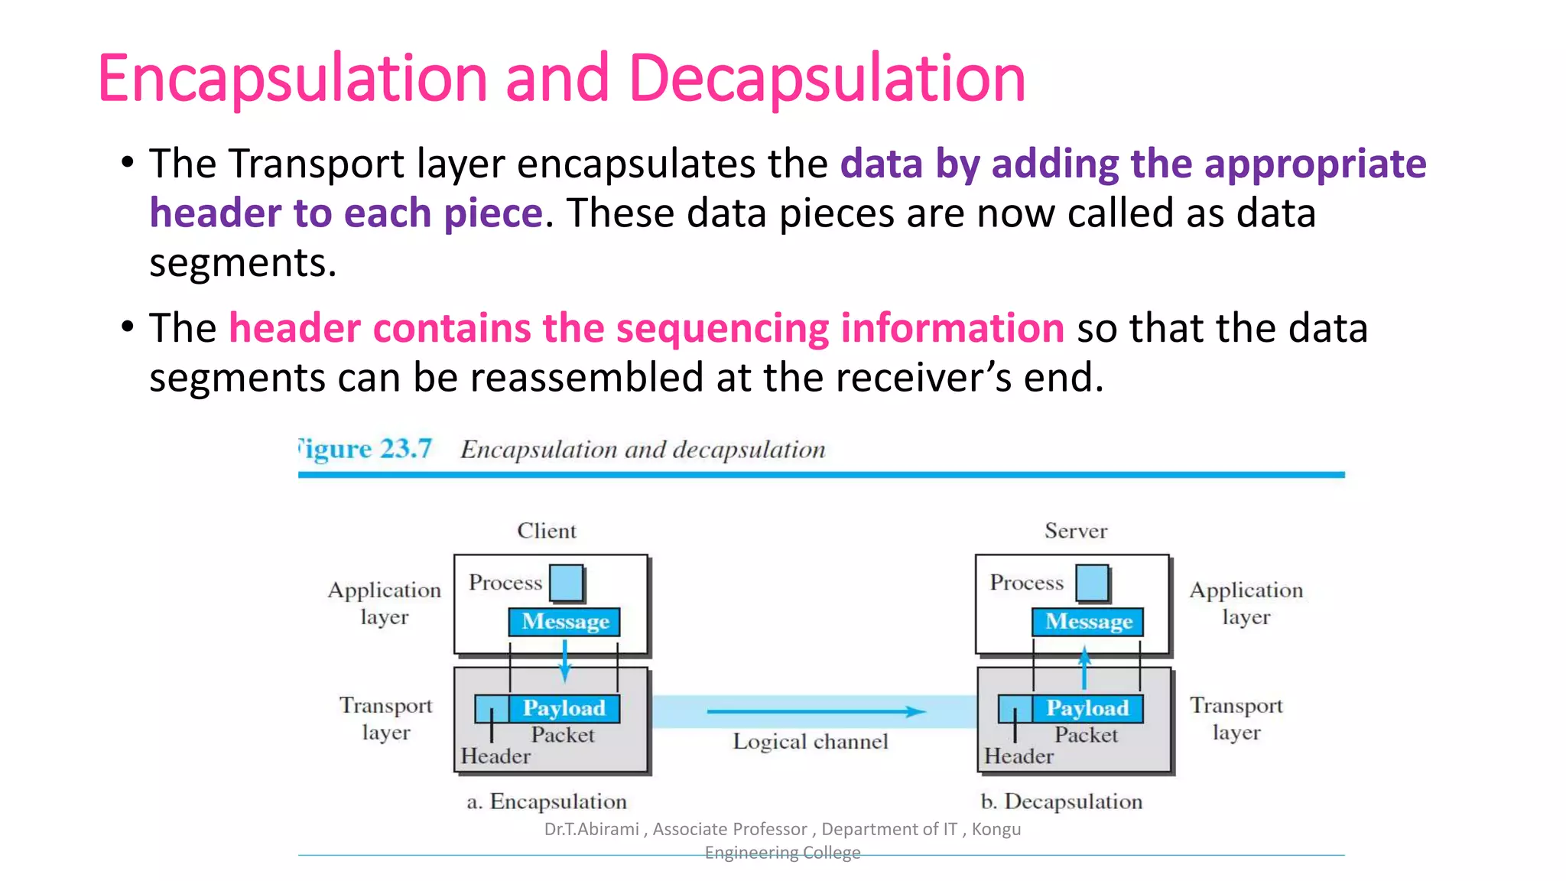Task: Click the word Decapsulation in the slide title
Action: click(827, 79)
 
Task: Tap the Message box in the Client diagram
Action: click(564, 622)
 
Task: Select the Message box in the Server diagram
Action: click(1087, 622)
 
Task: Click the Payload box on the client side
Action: click(564, 708)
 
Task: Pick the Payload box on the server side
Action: click(1087, 708)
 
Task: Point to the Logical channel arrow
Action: click(815, 711)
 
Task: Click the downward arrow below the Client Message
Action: click(564, 661)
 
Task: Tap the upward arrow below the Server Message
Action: click(1084, 667)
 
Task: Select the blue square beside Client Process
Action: click(567, 583)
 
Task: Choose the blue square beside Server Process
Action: click(1092, 583)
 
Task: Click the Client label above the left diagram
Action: click(547, 531)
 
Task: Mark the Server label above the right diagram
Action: click(1075, 531)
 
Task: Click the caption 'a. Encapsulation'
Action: click(547, 801)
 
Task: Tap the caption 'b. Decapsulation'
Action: click(1061, 801)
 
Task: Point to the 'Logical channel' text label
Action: click(811, 742)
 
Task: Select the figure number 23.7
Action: click(406, 449)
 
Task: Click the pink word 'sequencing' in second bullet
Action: click(722, 329)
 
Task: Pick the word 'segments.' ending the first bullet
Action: click(242, 264)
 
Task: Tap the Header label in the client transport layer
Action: click(495, 756)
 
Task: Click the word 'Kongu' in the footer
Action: click(996, 829)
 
